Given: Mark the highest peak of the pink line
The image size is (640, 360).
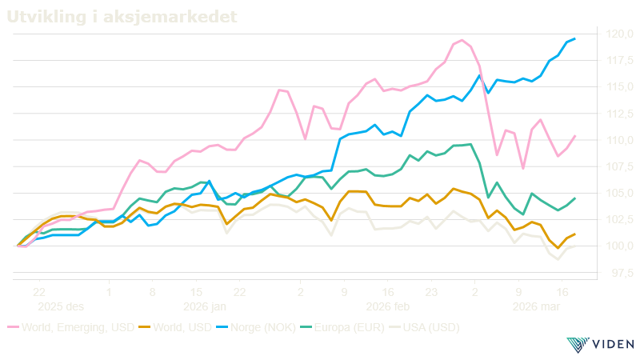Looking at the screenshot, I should [x=462, y=39].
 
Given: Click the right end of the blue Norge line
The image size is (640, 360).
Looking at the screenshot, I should [x=575, y=38].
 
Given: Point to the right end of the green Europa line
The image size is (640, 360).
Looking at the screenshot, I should [x=575, y=198].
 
